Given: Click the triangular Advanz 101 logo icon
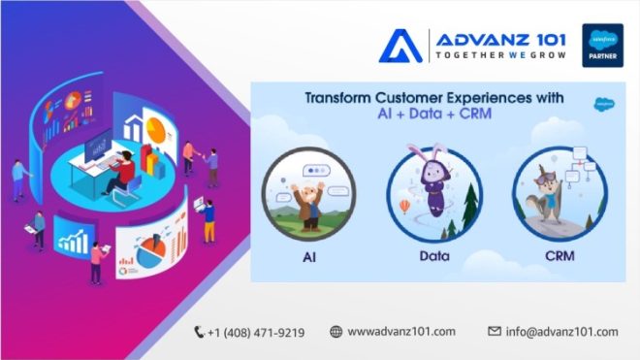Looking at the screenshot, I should pos(400,46).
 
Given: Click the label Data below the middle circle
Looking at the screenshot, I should pos(432,260).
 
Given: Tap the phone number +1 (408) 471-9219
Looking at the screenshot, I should pos(256,332).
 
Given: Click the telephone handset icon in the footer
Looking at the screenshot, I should pos(200,332).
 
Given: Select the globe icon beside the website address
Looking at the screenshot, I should pos(336,332).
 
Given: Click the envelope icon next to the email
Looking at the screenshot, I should pos(494,332).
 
